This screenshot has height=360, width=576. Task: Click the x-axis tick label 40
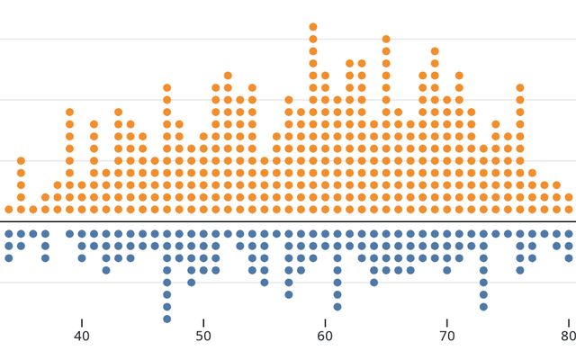coord(82,337)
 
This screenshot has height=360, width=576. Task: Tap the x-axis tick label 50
coord(203,337)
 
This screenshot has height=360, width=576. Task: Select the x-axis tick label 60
coord(325,337)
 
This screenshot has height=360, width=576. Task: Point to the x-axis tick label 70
coord(446,337)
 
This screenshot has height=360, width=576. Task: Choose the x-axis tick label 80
coord(568,337)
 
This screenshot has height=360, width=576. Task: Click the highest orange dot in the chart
coord(313,27)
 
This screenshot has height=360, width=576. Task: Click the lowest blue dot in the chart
coord(166,319)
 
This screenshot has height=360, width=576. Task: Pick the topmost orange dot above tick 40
coord(82,185)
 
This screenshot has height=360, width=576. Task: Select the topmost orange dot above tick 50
coord(203,137)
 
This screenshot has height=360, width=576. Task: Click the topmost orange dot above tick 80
coord(568,197)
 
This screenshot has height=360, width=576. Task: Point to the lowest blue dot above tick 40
coord(82,258)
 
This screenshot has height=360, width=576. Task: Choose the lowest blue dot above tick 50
coord(203,270)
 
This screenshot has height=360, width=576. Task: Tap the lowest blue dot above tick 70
coord(446,270)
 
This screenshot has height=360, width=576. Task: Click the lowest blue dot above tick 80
coord(568,258)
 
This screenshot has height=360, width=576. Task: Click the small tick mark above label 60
coord(325,322)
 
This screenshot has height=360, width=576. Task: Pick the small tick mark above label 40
coord(82,322)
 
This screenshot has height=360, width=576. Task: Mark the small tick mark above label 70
coord(446,322)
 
